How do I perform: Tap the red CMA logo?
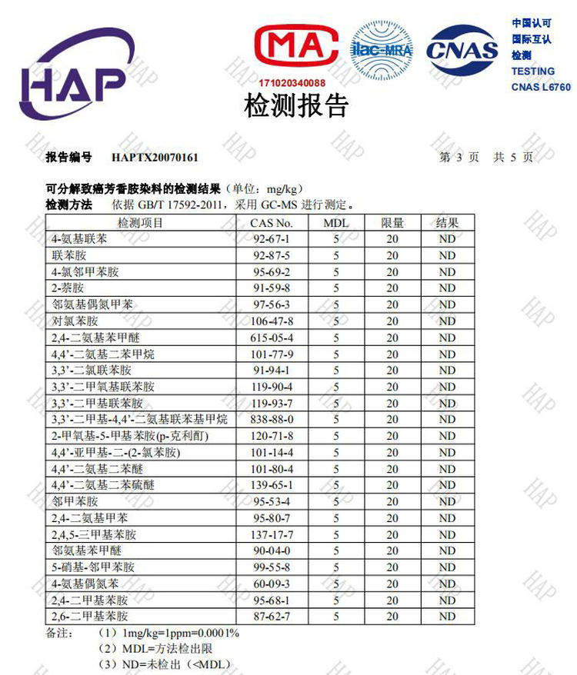click(x=296, y=48)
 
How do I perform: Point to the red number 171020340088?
click(x=292, y=82)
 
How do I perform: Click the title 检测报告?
click(x=296, y=106)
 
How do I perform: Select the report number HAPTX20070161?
click(x=155, y=158)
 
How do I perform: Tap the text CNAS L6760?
click(x=541, y=88)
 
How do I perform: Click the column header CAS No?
click(x=272, y=223)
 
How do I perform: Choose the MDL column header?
click(x=336, y=223)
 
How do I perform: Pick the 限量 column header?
click(x=392, y=223)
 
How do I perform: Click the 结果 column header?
click(x=447, y=223)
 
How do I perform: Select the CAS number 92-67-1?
click(x=272, y=239)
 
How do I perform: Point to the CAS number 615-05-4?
click(x=272, y=337)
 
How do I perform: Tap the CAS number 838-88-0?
click(x=272, y=420)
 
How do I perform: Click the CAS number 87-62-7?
click(x=272, y=617)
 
